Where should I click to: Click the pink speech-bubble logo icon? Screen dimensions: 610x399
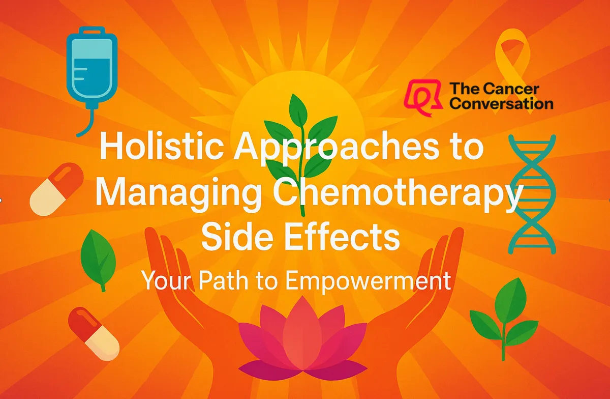pyautogui.click(x=422, y=97)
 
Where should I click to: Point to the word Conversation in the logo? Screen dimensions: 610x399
pyautogui.click(x=501, y=104)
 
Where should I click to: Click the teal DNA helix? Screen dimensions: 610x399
pyautogui.click(x=532, y=194)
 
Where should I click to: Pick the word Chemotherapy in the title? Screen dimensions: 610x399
pyautogui.click(x=398, y=193)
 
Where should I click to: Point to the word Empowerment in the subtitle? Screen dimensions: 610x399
pyautogui.click(x=368, y=280)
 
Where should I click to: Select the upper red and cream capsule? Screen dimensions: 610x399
pyautogui.click(x=56, y=189)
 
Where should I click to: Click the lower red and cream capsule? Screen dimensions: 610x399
pyautogui.click(x=94, y=334)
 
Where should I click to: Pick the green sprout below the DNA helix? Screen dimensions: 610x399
pyautogui.click(x=504, y=319)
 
